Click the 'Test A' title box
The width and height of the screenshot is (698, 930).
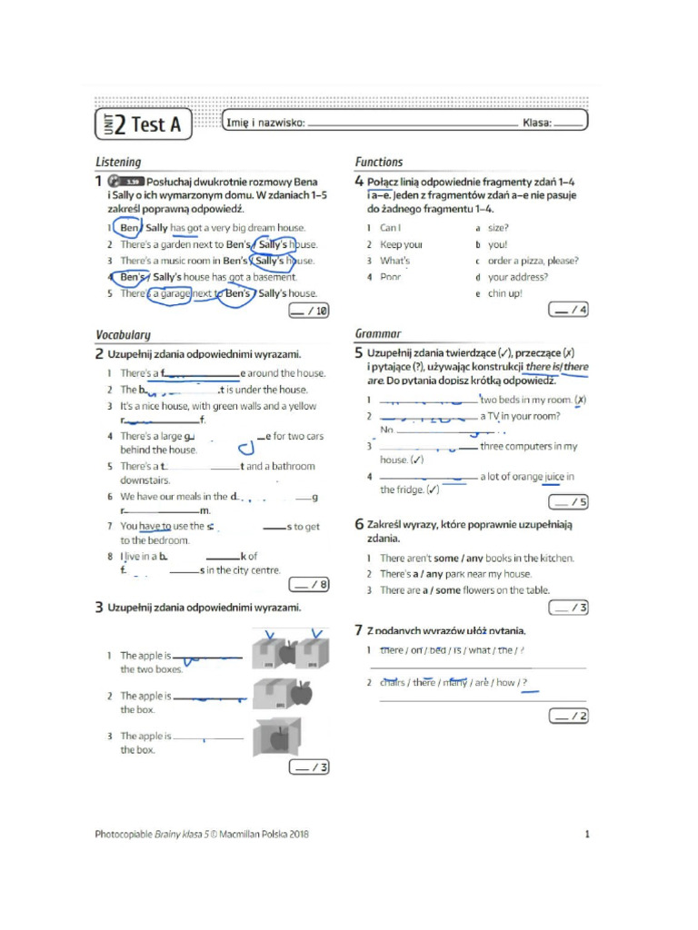click(x=144, y=124)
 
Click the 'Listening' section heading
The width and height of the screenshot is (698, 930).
click(x=119, y=163)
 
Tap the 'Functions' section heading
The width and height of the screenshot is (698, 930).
click(x=379, y=163)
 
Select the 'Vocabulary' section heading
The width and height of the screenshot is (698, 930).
click(x=124, y=335)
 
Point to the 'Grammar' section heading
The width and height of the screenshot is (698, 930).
click(x=378, y=334)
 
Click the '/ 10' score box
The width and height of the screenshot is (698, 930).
click(x=308, y=312)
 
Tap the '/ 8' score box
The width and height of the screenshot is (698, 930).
click(x=309, y=584)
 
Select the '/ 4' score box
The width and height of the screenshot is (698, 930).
click(x=568, y=311)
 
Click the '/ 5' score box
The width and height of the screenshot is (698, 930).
click(x=568, y=501)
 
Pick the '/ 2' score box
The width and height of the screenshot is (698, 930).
click(x=568, y=717)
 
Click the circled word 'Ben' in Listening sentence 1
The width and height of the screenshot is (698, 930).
click(x=129, y=228)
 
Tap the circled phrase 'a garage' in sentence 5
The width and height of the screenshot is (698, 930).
click(x=168, y=294)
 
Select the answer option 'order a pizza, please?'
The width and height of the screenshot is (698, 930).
click(x=533, y=261)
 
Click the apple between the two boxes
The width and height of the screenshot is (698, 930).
click(x=288, y=653)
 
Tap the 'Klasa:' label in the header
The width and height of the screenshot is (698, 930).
click(x=536, y=124)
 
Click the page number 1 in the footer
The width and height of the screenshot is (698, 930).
click(x=587, y=834)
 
